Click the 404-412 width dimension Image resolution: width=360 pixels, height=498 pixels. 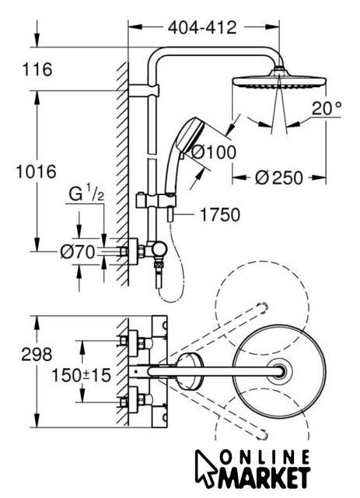click(202, 28)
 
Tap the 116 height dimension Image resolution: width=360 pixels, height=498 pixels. click(37, 69)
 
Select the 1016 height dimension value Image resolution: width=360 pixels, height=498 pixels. click(37, 172)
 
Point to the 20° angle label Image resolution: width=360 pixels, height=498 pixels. click(327, 108)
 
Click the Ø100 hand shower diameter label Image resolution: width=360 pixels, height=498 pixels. click(214, 152)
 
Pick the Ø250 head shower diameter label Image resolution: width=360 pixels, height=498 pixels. click(279, 177)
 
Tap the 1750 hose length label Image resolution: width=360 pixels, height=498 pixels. click(220, 215)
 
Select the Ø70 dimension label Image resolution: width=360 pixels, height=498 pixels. click(78, 252)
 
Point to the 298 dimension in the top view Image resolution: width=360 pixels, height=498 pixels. click(37, 354)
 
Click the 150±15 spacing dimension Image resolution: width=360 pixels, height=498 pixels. click(82, 375)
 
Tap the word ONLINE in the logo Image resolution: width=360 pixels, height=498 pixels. click(265, 458)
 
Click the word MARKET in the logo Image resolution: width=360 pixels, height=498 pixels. click(264, 477)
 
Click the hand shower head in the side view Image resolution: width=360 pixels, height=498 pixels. click(190, 135)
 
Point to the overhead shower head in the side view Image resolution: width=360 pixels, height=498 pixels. click(279, 79)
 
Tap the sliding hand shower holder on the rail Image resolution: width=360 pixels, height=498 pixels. click(156, 201)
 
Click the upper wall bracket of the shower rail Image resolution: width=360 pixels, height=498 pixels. click(144, 90)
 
